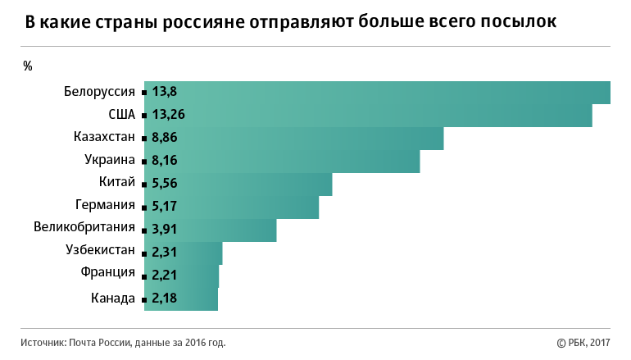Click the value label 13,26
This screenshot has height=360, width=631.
point(168,115)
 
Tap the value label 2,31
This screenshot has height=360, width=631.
point(165,253)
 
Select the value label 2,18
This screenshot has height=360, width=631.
point(165,298)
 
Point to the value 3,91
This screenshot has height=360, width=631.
point(165,230)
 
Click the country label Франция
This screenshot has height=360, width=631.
point(108,273)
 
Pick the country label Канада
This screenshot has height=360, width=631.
point(113,298)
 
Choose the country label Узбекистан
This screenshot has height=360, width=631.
point(100,250)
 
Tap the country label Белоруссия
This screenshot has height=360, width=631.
point(99,92)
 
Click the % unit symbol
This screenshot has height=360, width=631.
point(28,66)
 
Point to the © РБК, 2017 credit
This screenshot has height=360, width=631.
point(583,343)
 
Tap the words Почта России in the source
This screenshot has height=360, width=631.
point(98,343)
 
